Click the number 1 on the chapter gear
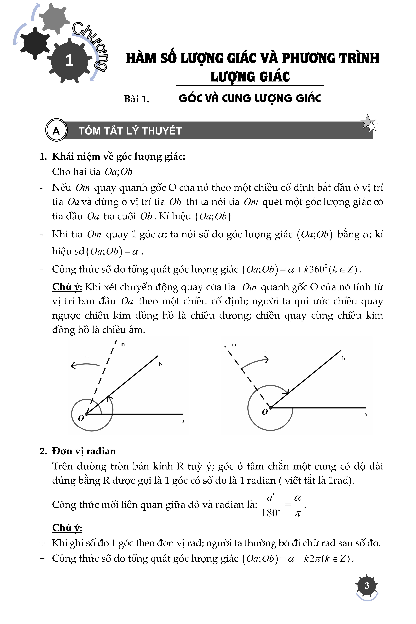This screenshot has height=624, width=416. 70,60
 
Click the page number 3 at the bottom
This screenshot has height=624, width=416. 367,586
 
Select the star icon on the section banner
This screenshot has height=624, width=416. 369,123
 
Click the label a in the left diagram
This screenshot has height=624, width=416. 183,421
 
